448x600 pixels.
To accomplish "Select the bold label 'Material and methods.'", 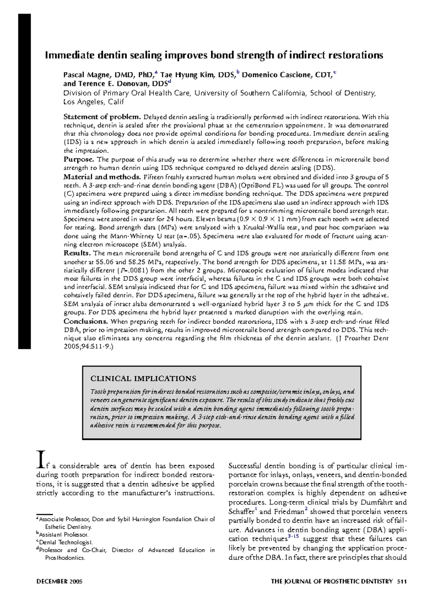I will (x=102, y=177).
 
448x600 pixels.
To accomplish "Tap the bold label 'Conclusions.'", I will (x=85, y=321).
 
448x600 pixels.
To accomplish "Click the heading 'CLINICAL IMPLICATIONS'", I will (x=143, y=378).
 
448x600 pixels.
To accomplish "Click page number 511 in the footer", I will (x=402, y=582).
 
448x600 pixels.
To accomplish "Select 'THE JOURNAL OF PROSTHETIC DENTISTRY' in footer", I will (x=332, y=582).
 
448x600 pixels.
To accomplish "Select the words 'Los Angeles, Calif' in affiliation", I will (x=93, y=102).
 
